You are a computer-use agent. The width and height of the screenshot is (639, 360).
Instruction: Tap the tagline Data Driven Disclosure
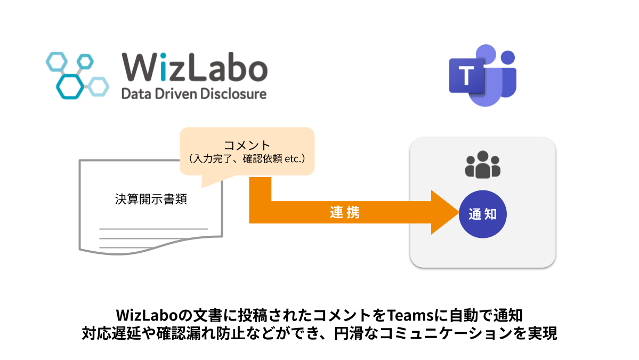point(194,95)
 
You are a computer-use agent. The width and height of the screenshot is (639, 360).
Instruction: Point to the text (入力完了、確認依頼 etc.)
point(247,158)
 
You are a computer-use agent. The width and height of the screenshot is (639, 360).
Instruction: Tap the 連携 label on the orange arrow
point(345,213)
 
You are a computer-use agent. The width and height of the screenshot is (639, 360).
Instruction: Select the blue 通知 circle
point(483,214)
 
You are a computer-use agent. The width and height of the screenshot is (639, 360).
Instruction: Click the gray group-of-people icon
point(483,165)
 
